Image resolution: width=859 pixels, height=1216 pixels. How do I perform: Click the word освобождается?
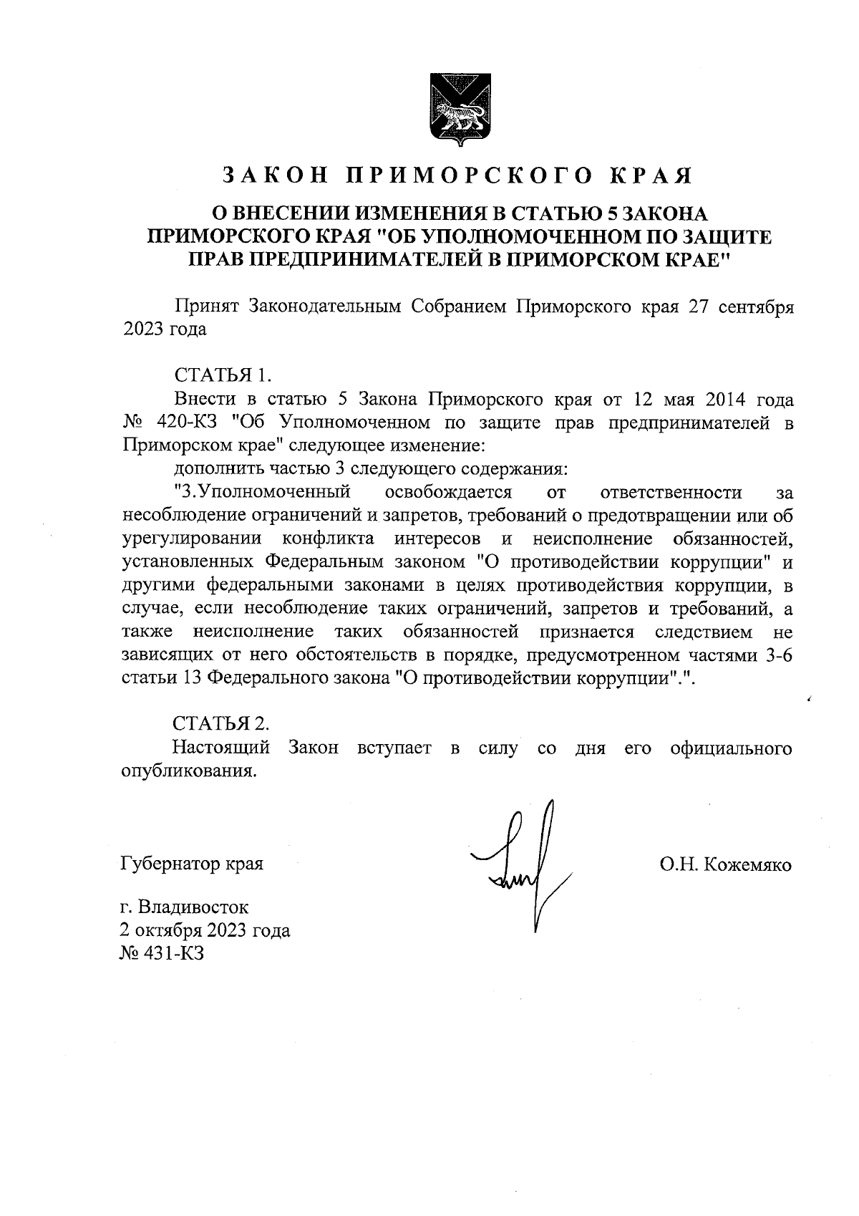click(448, 492)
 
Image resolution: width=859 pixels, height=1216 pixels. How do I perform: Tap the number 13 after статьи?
click(190, 678)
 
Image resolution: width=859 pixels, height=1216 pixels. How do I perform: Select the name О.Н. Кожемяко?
click(725, 864)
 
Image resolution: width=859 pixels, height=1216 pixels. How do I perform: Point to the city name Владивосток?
click(193, 908)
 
